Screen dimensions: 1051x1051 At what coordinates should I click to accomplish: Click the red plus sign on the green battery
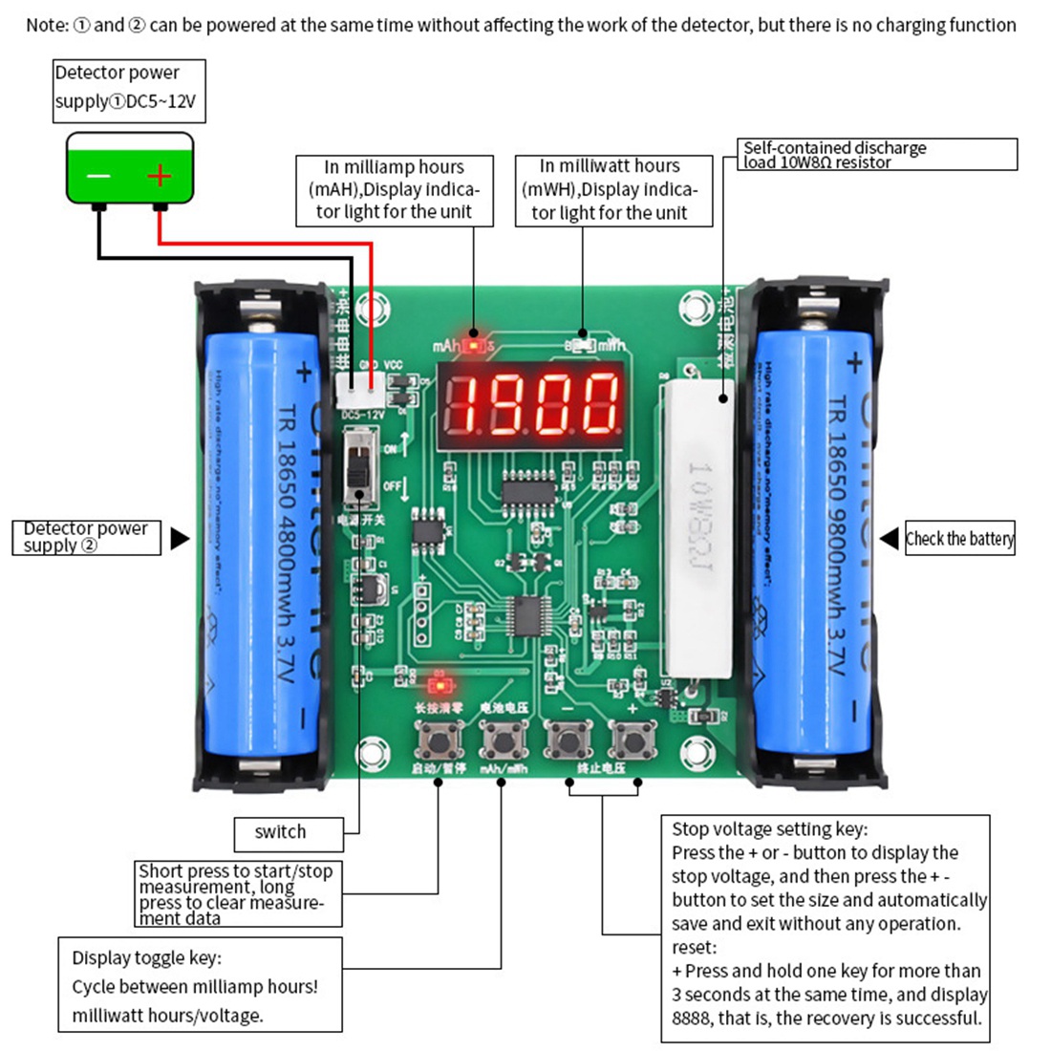tap(159, 176)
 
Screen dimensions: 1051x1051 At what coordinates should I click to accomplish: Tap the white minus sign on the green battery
tap(99, 176)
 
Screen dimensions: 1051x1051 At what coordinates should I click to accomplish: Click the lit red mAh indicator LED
tap(473, 343)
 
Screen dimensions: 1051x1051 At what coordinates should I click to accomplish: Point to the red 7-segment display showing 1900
tap(531, 405)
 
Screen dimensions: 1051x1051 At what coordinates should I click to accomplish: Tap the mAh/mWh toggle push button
tap(502, 738)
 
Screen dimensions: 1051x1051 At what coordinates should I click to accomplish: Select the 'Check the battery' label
tap(959, 539)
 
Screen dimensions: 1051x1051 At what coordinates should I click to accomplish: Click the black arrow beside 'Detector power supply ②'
tap(180, 539)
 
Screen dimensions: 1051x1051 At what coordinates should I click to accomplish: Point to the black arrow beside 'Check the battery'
tap(890, 538)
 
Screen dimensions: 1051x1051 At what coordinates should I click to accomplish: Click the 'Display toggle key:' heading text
tap(146, 957)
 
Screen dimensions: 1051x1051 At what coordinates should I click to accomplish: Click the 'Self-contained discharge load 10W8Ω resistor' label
tap(879, 155)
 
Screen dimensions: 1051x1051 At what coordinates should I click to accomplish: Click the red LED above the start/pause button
tap(439, 683)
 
